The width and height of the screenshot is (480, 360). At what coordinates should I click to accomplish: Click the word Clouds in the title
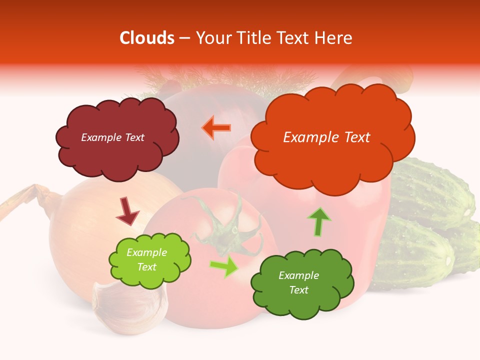click(x=147, y=38)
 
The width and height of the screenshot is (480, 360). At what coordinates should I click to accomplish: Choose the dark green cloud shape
click(x=302, y=283)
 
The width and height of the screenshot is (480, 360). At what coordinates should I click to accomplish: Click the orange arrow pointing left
click(x=216, y=127)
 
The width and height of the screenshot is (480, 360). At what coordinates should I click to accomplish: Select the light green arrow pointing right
click(x=223, y=266)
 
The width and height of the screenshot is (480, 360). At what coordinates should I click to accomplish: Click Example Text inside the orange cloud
click(x=326, y=137)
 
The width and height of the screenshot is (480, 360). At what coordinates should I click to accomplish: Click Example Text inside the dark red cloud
click(x=112, y=137)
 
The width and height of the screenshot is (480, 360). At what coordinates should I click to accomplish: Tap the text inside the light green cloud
click(x=147, y=260)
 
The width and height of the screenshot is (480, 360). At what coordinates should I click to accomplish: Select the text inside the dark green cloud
click(x=299, y=283)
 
